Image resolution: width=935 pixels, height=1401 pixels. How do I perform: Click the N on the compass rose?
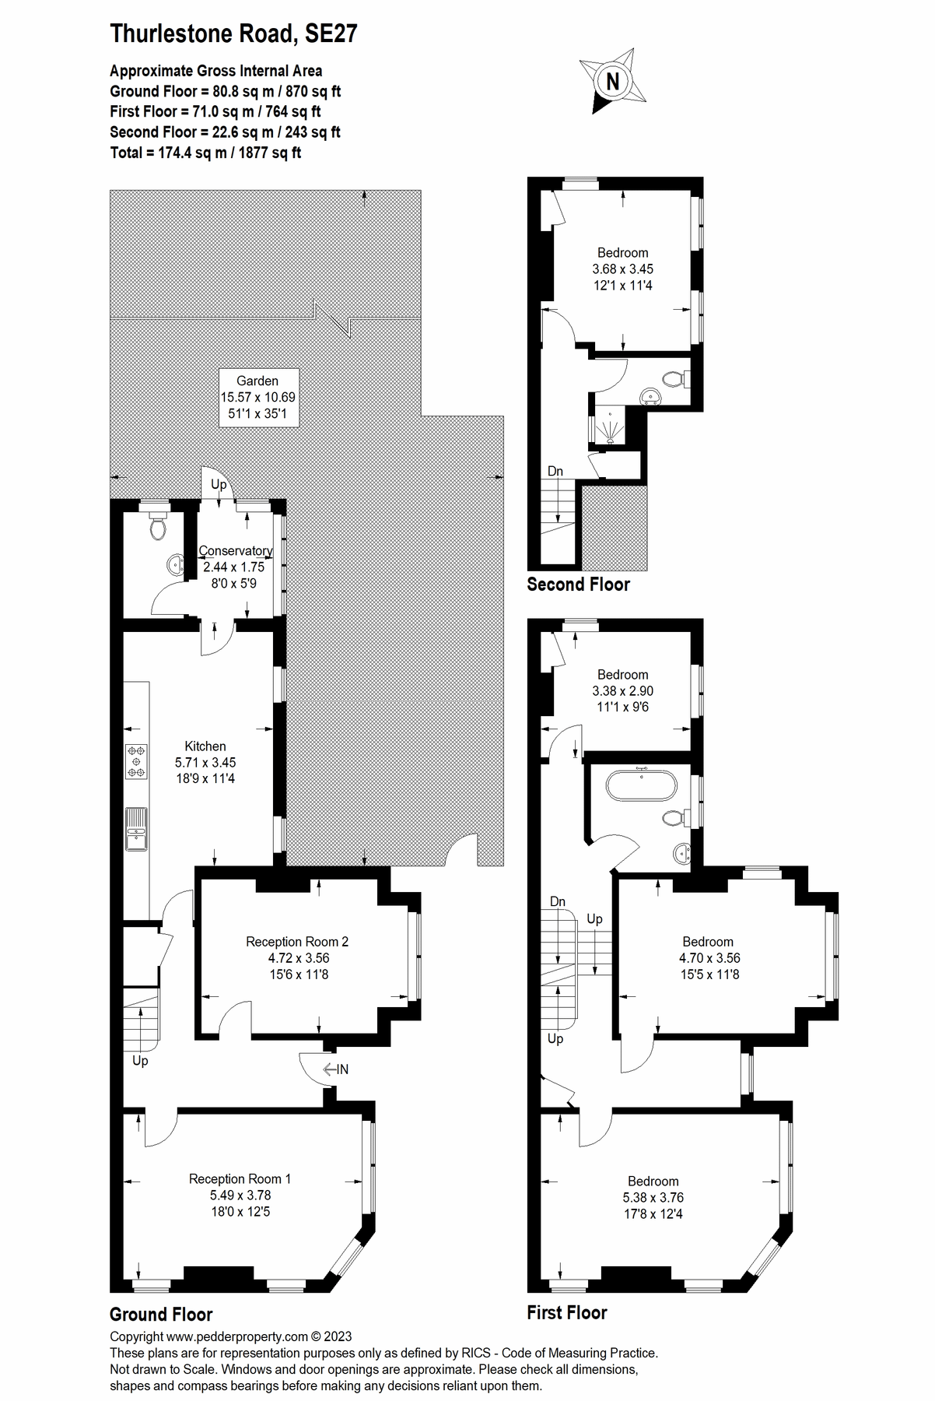click(613, 80)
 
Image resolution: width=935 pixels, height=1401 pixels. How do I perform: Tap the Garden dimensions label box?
click(257, 397)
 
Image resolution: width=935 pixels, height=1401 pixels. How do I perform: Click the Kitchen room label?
click(205, 746)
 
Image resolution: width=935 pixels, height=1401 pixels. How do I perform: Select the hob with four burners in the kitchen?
click(137, 761)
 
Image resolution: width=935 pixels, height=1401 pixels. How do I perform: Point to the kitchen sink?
click(136, 830)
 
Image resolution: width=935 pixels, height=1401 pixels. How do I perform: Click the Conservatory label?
click(236, 550)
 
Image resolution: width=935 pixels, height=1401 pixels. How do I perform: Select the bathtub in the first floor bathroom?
click(642, 786)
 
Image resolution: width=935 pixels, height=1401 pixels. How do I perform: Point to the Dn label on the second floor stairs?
click(555, 471)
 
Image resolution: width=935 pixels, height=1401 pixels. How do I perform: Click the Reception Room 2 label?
click(297, 942)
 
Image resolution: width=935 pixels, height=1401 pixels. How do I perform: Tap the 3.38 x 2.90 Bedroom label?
click(623, 690)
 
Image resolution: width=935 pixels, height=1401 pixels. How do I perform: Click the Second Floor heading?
click(578, 585)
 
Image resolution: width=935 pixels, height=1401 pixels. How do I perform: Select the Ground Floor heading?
click(161, 1315)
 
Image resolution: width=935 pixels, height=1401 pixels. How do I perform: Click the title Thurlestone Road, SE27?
click(233, 33)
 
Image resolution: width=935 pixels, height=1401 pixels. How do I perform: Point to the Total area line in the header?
click(205, 153)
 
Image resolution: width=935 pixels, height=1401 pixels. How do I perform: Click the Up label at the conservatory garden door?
click(219, 484)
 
